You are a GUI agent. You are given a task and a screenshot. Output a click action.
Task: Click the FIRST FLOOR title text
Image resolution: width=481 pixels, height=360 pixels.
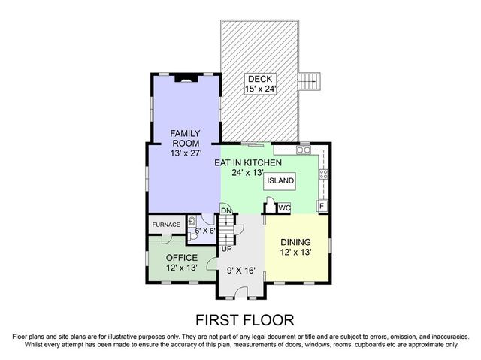click(x=240, y=319)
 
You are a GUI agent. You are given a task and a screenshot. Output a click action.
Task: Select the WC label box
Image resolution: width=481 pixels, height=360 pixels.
click(x=284, y=207)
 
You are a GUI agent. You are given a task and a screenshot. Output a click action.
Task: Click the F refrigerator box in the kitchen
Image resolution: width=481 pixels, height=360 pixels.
click(x=321, y=206)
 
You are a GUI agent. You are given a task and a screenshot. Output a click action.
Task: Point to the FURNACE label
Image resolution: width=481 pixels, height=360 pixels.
click(x=165, y=225)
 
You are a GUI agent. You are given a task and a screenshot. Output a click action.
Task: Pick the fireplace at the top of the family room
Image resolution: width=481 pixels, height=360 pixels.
click(x=183, y=77)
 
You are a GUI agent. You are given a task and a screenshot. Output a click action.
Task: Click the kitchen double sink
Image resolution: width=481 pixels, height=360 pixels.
click(x=304, y=150)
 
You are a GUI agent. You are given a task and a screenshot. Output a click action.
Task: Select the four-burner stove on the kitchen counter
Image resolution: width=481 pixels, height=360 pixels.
click(x=324, y=177)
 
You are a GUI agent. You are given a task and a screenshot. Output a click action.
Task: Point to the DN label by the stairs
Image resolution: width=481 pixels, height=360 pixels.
click(x=225, y=210)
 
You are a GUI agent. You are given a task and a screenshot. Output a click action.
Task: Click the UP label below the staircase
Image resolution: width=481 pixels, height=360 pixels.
click(x=225, y=248)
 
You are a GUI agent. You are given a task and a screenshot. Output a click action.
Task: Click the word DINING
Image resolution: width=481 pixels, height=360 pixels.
click(x=295, y=242)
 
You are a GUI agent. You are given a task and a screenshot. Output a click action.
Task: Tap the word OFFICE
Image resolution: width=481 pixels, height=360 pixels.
click(x=181, y=257)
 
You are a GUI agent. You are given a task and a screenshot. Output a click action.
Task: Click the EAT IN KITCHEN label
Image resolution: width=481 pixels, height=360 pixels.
click(x=248, y=162)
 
